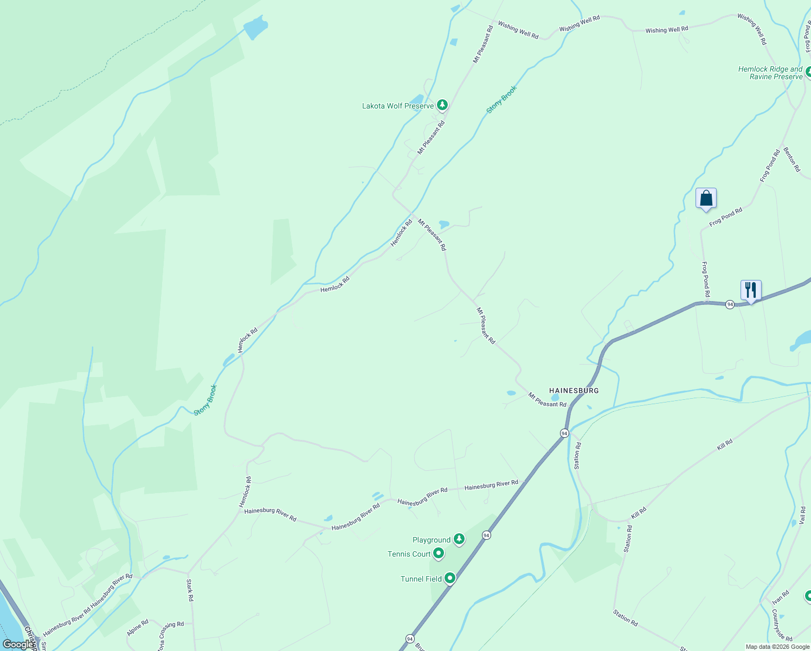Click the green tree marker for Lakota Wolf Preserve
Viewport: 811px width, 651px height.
tap(442, 105)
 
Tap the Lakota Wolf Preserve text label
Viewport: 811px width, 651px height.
tap(398, 106)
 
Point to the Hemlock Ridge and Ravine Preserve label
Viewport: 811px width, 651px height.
tap(770, 73)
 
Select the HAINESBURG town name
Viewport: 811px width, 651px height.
tap(574, 391)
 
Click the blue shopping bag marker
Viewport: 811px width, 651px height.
tap(706, 198)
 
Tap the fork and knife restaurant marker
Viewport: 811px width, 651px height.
tap(751, 290)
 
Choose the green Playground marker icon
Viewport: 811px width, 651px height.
tap(459, 539)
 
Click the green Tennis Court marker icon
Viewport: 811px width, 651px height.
tap(439, 553)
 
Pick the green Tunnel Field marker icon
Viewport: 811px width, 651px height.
tap(449, 578)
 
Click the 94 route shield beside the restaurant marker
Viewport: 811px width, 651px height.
tap(730, 304)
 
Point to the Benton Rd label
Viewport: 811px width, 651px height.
tap(791, 159)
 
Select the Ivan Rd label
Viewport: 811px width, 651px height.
tap(781, 598)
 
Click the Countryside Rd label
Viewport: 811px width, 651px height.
tap(782, 625)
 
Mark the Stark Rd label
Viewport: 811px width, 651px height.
tap(190, 590)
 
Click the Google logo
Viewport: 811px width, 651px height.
tap(17, 644)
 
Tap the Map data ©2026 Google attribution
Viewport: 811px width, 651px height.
tap(777, 647)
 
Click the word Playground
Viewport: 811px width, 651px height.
tap(432, 540)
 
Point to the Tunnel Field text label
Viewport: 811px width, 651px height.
tap(421, 579)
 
